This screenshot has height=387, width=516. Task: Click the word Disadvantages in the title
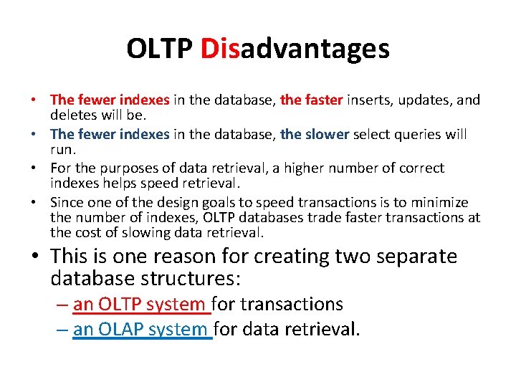tap(295, 49)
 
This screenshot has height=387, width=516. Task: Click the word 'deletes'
tap(73, 114)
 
